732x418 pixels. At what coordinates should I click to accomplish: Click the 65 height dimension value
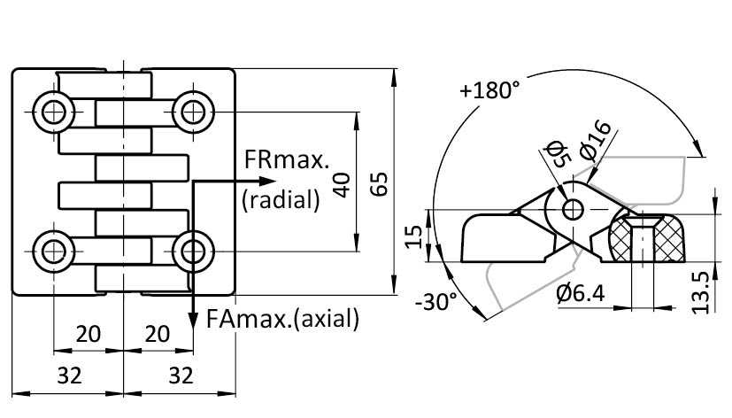click(378, 184)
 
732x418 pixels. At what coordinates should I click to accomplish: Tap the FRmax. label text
click(286, 160)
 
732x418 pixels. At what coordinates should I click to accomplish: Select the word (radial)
click(280, 200)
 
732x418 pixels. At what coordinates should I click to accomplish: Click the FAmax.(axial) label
click(281, 318)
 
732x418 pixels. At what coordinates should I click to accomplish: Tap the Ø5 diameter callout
click(555, 154)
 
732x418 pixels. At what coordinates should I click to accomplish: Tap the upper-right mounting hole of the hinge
click(189, 112)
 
